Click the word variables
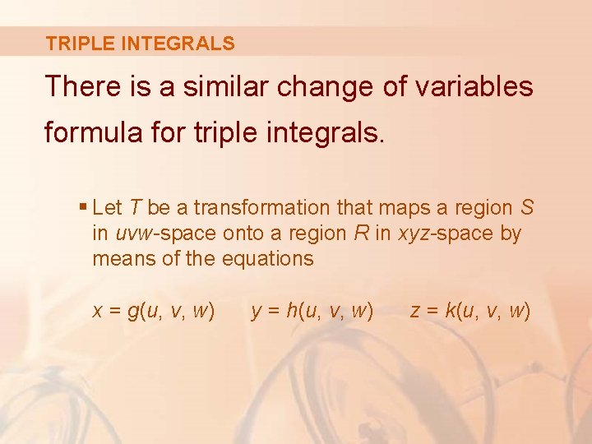pyautogui.click(x=485, y=86)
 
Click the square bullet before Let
pyautogui.click(x=85, y=207)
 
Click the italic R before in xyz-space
pyautogui.click(x=360, y=233)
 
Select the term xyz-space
pyautogui.click(x=446, y=233)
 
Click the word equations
pyautogui.click(x=268, y=258)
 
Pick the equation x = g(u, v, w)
pyautogui.click(x=154, y=311)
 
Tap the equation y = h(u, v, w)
pyautogui.click(x=312, y=311)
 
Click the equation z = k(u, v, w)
pyautogui.click(x=469, y=311)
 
